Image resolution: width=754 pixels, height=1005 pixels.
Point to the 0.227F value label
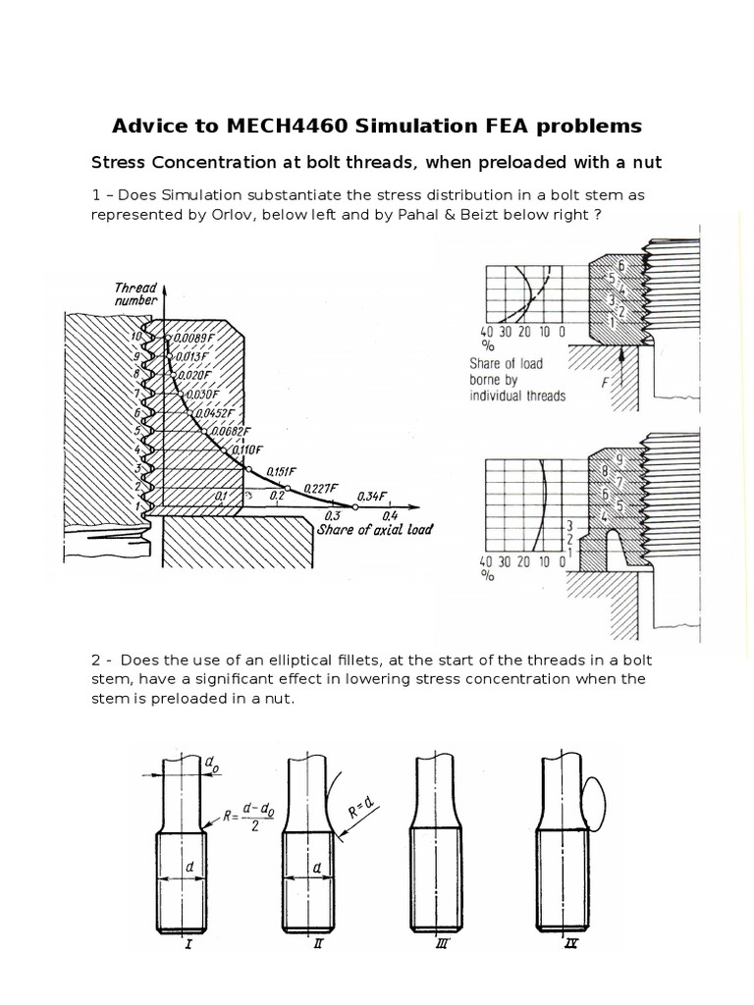point(321,488)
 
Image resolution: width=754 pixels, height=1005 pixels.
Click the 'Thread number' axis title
point(136,294)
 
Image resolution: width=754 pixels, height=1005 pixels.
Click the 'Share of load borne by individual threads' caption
point(517,380)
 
